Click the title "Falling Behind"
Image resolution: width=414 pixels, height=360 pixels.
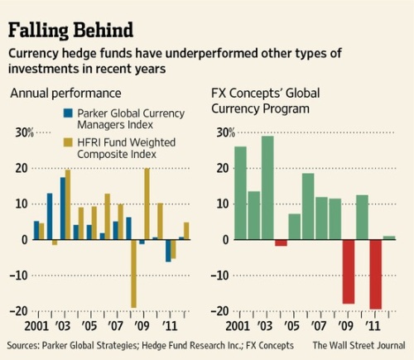click(x=70, y=30)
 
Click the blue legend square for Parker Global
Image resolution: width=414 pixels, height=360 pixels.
click(x=68, y=113)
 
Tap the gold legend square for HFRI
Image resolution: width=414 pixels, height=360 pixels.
click(x=68, y=142)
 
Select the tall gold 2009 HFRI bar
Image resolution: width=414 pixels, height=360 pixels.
click(x=147, y=204)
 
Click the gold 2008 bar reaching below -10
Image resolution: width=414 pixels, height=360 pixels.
click(x=134, y=274)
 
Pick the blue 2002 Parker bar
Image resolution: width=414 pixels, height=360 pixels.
click(x=50, y=216)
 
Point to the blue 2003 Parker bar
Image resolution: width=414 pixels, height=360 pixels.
click(x=63, y=209)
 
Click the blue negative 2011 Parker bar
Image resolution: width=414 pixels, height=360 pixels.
click(x=168, y=251)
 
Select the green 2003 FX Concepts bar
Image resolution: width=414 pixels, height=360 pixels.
click(x=267, y=188)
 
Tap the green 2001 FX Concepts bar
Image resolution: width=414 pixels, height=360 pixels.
click(x=240, y=193)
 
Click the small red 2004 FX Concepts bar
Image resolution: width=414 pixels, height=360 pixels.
click(x=281, y=242)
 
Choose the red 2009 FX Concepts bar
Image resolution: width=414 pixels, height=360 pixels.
click(x=349, y=271)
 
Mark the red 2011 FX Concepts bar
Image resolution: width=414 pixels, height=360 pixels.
click(x=376, y=275)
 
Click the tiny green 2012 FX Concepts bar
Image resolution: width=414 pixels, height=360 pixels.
click(x=389, y=238)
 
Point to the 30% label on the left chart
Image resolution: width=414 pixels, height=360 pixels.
click(x=24, y=132)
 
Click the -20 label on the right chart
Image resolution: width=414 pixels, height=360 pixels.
click(x=220, y=311)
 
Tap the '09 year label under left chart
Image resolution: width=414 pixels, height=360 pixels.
click(x=142, y=326)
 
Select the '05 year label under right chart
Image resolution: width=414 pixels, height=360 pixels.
click(x=291, y=326)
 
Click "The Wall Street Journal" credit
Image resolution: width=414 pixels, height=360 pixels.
click(x=359, y=345)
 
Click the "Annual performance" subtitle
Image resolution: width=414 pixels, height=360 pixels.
click(x=65, y=94)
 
